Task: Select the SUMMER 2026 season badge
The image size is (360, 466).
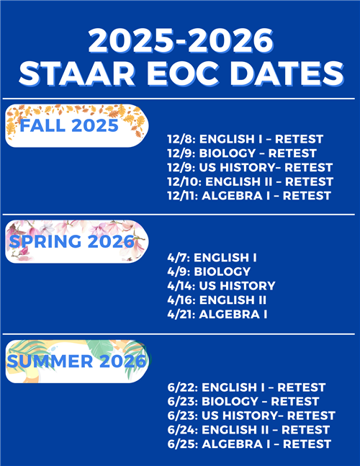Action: (x=76, y=361)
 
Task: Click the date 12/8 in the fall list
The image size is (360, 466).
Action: (x=180, y=138)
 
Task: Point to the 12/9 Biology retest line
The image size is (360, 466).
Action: (x=241, y=153)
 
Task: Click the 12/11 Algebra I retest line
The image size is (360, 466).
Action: (x=249, y=195)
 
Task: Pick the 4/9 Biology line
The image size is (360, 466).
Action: (x=208, y=272)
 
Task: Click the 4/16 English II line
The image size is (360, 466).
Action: (x=216, y=300)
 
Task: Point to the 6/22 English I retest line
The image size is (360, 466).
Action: (x=246, y=387)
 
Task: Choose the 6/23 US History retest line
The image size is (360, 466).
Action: (x=251, y=416)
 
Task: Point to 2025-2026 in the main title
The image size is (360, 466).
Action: (x=180, y=40)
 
